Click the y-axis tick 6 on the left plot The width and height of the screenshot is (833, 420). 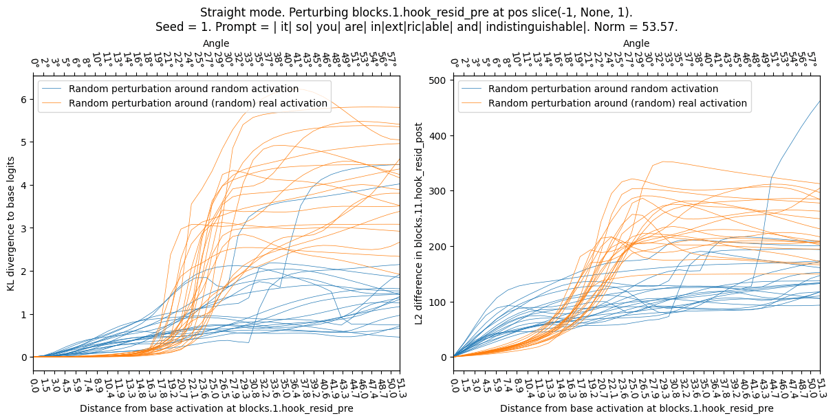[24, 99]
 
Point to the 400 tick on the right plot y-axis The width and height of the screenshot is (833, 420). [438, 135]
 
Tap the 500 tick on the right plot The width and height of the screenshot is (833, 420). [438, 80]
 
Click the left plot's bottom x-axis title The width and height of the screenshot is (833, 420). [216, 408]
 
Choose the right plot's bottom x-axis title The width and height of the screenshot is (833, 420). [636, 408]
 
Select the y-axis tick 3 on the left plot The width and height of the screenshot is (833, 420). [24, 228]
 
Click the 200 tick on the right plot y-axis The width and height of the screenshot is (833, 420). [438, 246]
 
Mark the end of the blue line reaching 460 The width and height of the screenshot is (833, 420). [820, 102]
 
